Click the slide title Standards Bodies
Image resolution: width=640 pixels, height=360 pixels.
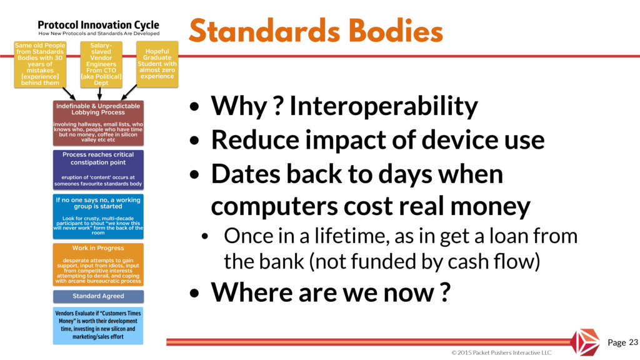(x=316, y=31)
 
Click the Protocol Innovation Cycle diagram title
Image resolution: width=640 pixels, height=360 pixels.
(x=98, y=25)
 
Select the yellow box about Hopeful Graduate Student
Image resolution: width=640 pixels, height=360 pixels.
(x=157, y=64)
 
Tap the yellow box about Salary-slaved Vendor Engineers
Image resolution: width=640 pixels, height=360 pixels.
(x=101, y=64)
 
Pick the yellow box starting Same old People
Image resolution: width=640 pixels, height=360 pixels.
(x=40, y=64)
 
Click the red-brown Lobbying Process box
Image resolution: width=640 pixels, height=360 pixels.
(x=98, y=123)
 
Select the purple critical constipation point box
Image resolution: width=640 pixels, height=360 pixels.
(x=98, y=169)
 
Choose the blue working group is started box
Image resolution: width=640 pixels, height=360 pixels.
(x=98, y=216)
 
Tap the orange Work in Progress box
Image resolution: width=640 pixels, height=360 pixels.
(x=98, y=264)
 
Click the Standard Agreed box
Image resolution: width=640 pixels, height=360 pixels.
(x=98, y=296)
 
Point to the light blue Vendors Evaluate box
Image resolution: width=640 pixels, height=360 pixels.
(x=98, y=325)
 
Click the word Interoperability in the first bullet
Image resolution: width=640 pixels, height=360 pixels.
(x=384, y=106)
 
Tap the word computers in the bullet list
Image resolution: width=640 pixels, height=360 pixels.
(x=274, y=206)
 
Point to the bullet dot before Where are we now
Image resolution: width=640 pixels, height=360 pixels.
(x=195, y=293)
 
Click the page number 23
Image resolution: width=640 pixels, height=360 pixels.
(x=633, y=342)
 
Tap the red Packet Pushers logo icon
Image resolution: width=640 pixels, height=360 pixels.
(x=585, y=342)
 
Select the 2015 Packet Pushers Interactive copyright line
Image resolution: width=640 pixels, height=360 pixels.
(x=501, y=352)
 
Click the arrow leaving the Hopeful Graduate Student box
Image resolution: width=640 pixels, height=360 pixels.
(x=129, y=92)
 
